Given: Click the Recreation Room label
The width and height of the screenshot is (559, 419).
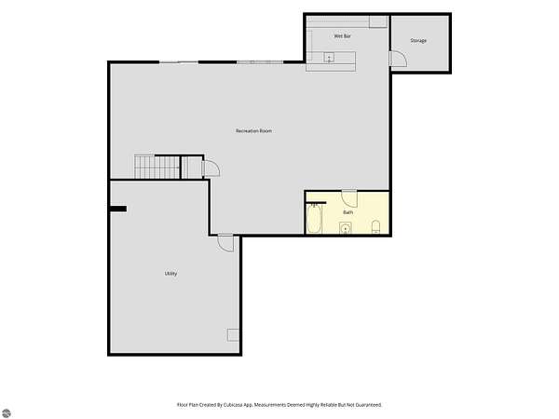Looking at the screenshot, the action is pyautogui.click(x=253, y=130).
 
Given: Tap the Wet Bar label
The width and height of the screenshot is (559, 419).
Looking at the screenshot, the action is pyautogui.click(x=342, y=36).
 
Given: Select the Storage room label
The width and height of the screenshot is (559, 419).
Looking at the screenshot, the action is pyautogui.click(x=418, y=41).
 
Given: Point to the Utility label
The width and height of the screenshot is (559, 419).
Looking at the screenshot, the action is pyautogui.click(x=170, y=273).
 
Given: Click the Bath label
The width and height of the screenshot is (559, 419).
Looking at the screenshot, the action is pyautogui.click(x=348, y=212).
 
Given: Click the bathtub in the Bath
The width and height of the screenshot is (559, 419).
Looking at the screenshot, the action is pyautogui.click(x=314, y=219).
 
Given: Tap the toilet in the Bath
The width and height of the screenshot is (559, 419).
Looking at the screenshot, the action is pyautogui.click(x=375, y=227).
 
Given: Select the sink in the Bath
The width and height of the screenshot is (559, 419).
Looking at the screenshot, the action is pyautogui.click(x=345, y=228).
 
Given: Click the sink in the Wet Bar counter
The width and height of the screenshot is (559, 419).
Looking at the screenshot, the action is pyautogui.click(x=329, y=58).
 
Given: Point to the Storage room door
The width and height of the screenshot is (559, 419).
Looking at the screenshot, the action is pyautogui.click(x=399, y=59).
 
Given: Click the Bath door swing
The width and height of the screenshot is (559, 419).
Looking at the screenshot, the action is pyautogui.click(x=349, y=199).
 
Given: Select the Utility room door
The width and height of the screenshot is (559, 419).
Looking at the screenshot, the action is pyautogui.click(x=226, y=243).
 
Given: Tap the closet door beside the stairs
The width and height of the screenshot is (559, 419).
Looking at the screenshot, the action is pyautogui.click(x=211, y=169).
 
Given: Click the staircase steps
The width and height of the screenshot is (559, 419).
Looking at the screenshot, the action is pyautogui.click(x=157, y=166).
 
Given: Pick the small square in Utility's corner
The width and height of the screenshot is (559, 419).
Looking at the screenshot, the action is pyautogui.click(x=233, y=335).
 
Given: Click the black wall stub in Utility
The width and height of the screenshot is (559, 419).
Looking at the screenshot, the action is pyautogui.click(x=118, y=209).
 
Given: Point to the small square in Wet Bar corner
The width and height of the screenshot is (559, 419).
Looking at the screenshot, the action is pyautogui.click(x=378, y=21).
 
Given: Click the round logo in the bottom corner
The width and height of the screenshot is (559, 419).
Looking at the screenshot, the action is pyautogui.click(x=7, y=412).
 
